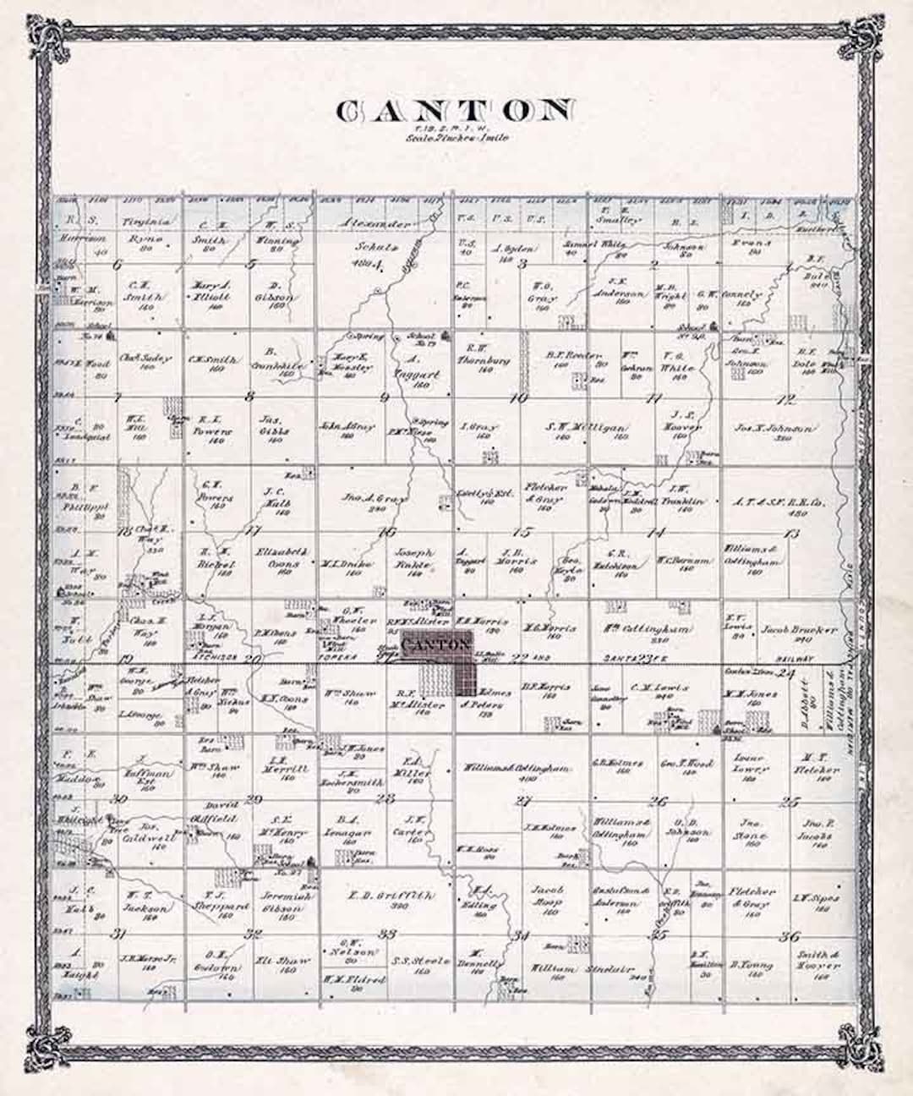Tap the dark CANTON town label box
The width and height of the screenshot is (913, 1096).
436,645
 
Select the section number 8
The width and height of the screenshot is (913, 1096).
249,396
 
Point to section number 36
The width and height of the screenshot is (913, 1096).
790,935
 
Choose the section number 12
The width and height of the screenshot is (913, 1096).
789,399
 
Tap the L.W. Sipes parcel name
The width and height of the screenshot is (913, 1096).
817,900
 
